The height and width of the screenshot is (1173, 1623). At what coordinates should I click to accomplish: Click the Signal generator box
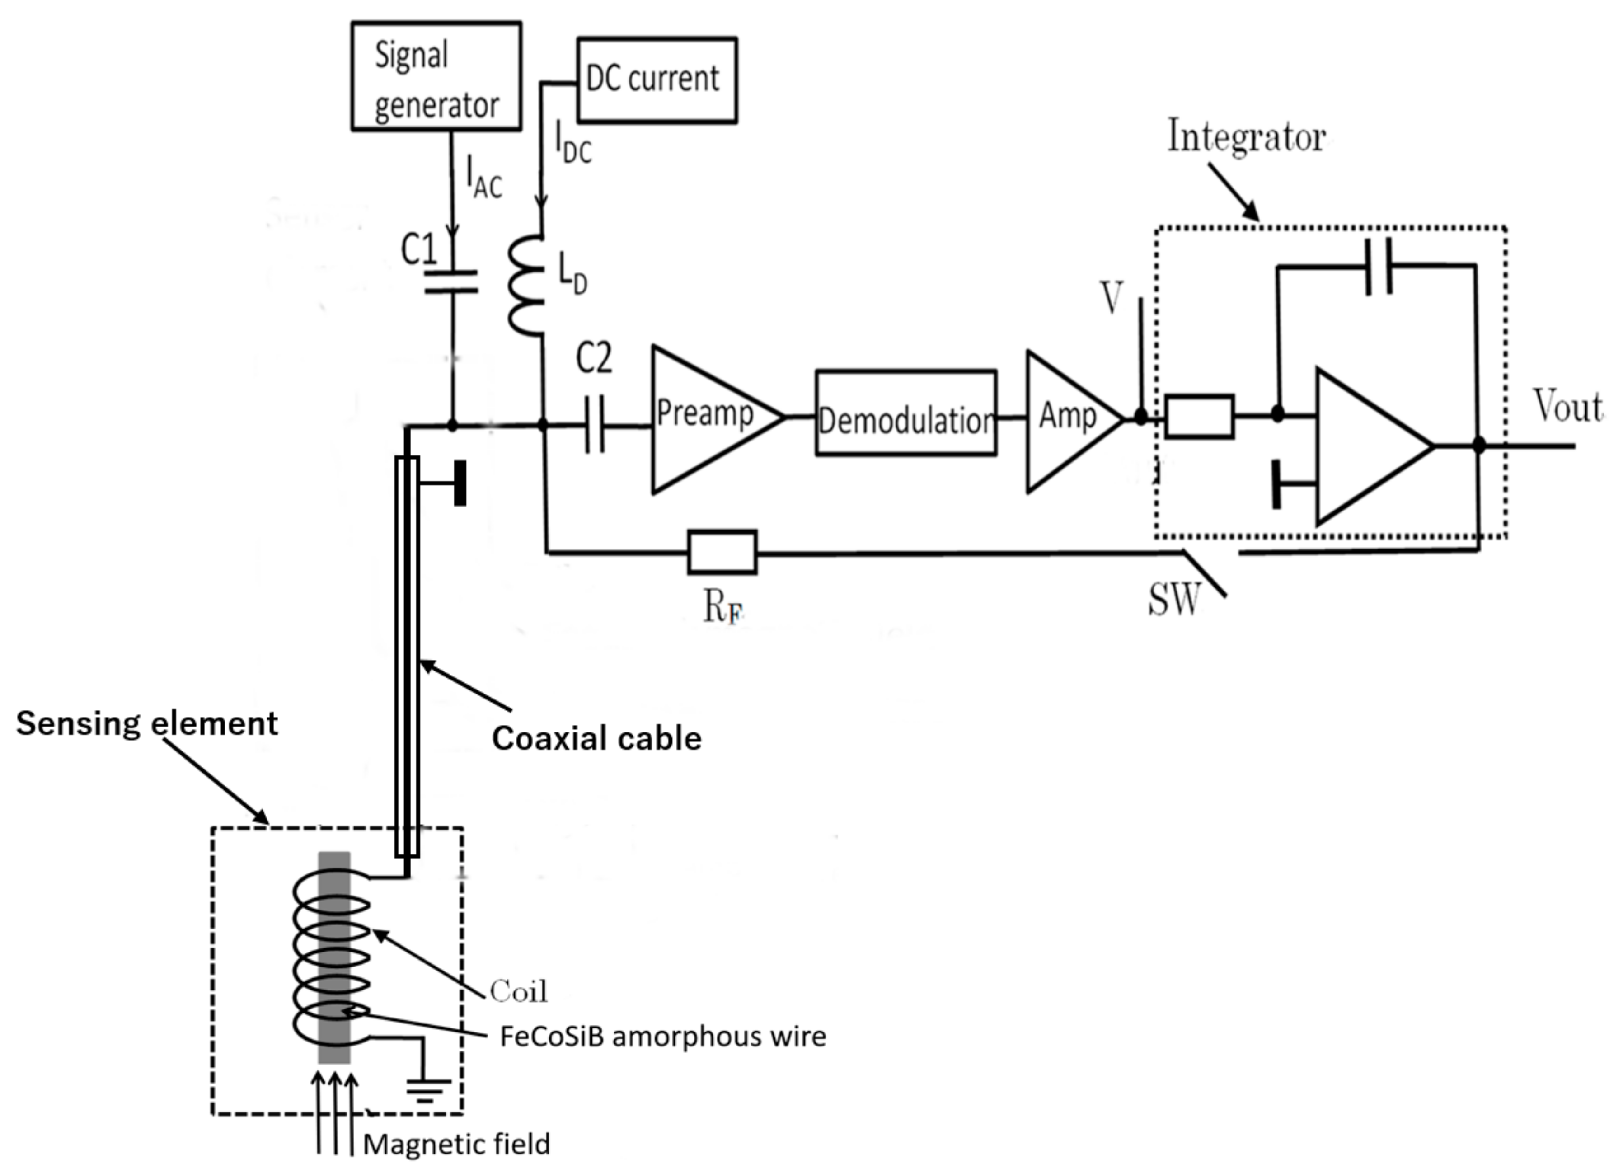436,76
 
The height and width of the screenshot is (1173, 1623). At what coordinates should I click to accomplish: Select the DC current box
656,80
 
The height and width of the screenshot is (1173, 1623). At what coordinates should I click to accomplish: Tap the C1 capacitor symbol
451,281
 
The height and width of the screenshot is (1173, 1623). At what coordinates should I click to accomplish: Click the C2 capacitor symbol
595,425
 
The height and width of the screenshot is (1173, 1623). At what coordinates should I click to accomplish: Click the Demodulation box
905,413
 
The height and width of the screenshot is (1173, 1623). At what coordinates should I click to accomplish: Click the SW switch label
1173,599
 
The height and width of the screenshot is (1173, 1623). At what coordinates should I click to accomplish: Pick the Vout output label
1567,407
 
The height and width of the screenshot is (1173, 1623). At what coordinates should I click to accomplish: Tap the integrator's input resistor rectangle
1199,416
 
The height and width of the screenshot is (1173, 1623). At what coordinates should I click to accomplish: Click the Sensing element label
147,723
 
